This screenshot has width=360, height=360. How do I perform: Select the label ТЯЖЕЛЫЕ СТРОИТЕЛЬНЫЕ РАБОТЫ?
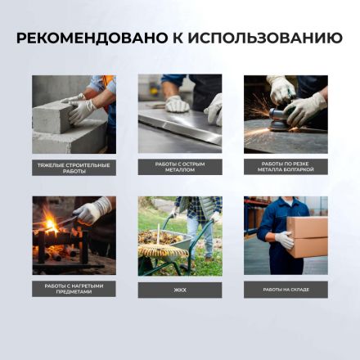click(x=74, y=167)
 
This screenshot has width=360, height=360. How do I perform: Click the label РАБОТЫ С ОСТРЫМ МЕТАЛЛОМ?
click(x=179, y=166)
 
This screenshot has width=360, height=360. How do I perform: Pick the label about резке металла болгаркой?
click(x=286, y=166)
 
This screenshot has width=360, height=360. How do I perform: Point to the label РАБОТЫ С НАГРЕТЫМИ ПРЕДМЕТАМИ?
click(x=74, y=289)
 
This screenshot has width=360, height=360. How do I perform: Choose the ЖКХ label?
click(x=179, y=289)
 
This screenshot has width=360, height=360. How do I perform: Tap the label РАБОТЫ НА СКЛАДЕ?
click(x=286, y=289)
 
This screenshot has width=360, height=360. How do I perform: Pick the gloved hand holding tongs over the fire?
click(x=97, y=209)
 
